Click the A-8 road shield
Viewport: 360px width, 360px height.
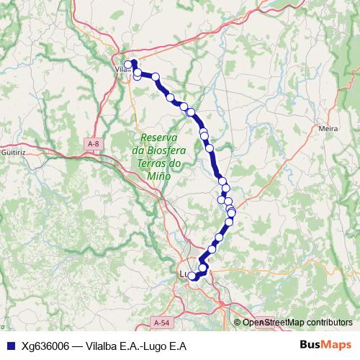(92, 145)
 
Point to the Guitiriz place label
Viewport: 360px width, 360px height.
(14, 153)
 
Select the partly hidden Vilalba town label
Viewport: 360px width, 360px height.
(120, 70)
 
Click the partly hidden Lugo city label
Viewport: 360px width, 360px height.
(183, 274)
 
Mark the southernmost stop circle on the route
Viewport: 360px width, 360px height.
(192, 276)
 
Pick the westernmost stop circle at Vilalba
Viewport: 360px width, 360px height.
(128, 65)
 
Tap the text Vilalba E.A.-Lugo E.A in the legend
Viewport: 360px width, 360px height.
(136, 346)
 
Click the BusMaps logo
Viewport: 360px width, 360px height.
(325, 345)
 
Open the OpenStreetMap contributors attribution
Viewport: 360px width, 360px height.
(297, 323)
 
